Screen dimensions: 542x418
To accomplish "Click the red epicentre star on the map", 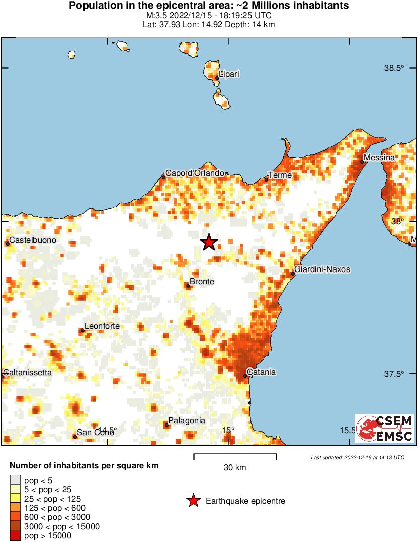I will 209,242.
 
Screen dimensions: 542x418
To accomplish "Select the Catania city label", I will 262,372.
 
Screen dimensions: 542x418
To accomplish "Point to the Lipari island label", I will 229,74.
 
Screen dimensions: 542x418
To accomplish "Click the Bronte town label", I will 202,282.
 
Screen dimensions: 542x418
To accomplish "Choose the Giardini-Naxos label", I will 322,269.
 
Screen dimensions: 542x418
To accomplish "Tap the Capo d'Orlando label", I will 195,173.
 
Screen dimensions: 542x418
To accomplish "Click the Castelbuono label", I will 33,240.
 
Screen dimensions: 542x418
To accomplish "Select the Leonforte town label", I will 102,326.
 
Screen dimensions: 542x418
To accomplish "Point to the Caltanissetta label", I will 27,373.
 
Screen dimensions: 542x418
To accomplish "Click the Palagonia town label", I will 186,420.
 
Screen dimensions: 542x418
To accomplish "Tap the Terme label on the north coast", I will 280,175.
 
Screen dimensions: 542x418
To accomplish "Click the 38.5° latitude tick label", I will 394,68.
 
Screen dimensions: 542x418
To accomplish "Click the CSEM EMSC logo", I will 384,428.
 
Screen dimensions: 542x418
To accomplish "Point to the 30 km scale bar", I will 235,457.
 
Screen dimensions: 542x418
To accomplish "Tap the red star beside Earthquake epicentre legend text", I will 193,501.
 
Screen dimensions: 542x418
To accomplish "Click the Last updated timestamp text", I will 358,457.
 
